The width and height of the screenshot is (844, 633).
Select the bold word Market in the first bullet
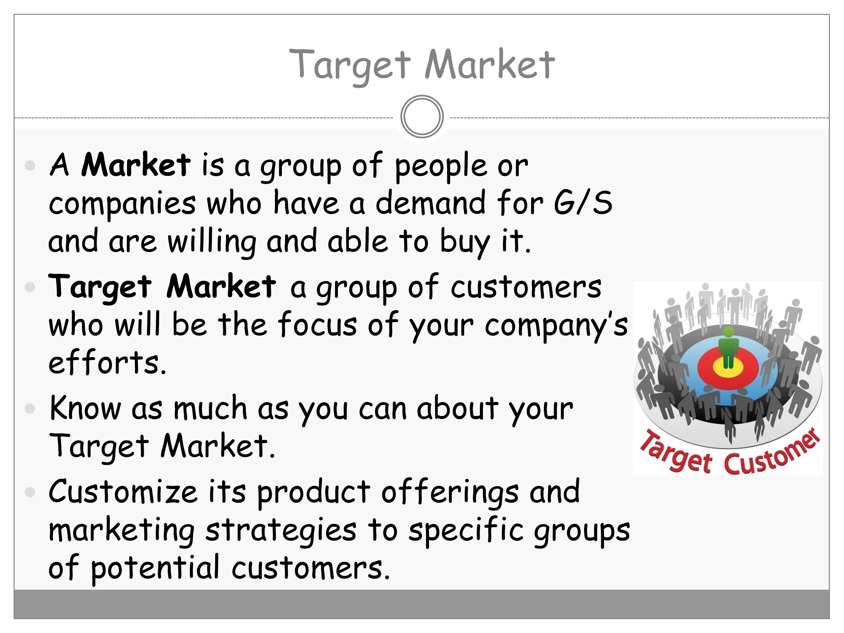click(x=136, y=165)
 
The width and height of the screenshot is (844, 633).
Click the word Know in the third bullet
click(x=85, y=408)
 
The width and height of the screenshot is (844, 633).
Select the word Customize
click(x=123, y=491)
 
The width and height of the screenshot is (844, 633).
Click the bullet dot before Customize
click(x=30, y=492)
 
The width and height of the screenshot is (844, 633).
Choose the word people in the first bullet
click(x=441, y=167)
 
